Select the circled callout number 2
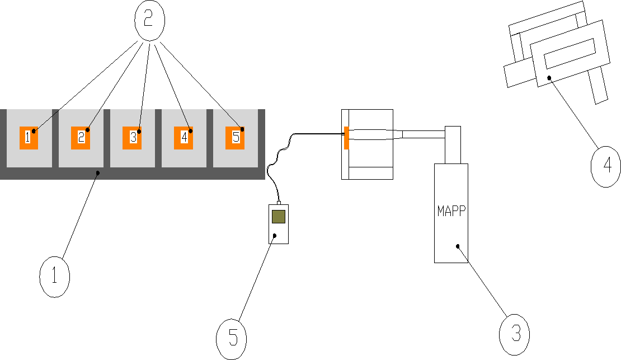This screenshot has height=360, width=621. [x=149, y=20]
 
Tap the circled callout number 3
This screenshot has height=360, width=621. [x=514, y=335]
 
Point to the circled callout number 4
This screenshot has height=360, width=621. [x=606, y=166]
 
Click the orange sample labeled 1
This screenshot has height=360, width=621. [x=29, y=137]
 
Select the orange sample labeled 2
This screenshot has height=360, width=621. [x=81, y=137]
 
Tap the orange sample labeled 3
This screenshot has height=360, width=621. [x=133, y=137]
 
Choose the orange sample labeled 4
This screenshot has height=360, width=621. [x=184, y=137]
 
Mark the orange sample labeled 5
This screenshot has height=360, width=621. [x=235, y=137]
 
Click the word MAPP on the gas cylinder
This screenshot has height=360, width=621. [x=451, y=213]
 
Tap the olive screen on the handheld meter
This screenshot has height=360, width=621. [x=279, y=216]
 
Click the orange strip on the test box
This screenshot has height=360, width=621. [x=346, y=138]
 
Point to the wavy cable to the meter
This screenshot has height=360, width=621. [x=277, y=160]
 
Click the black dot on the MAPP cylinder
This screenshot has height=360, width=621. [x=458, y=246]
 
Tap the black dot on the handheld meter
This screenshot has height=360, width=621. [x=275, y=236]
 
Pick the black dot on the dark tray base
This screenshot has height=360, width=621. [x=97, y=174]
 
